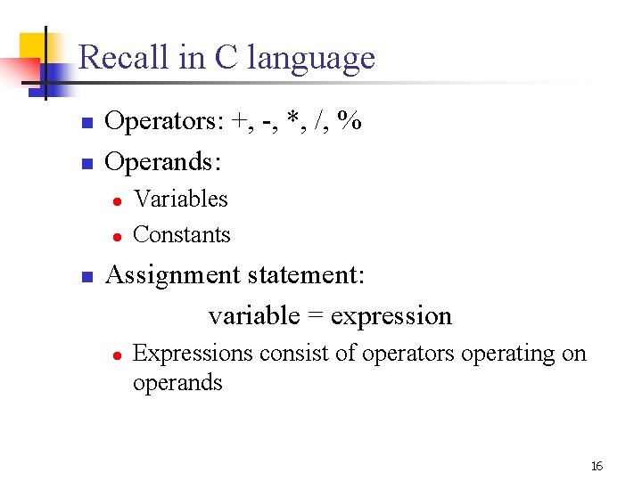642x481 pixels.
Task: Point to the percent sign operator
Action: (350, 122)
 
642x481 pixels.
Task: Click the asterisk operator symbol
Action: (294, 120)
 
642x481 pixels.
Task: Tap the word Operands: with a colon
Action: (163, 163)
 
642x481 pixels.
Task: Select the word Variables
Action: (180, 200)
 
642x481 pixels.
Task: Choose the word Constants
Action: (181, 235)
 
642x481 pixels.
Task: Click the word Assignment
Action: (170, 275)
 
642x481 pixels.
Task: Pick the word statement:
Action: (304, 275)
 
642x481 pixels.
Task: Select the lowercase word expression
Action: (391, 317)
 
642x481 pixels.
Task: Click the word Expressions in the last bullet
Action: (193, 355)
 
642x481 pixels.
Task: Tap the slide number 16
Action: (597, 467)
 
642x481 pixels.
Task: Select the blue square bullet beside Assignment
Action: (86, 277)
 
